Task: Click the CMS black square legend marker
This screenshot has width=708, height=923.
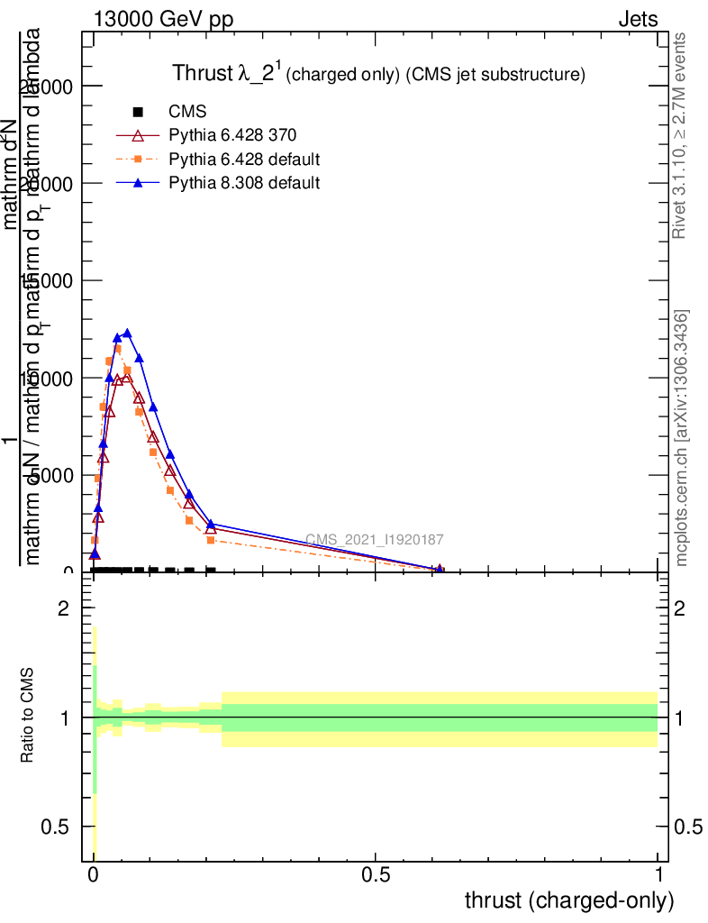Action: click(138, 112)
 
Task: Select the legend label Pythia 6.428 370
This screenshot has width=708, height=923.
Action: click(233, 135)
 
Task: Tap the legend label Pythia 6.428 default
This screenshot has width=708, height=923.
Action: click(245, 160)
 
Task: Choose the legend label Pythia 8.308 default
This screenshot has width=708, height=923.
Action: click(245, 183)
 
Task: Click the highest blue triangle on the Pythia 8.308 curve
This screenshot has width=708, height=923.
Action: click(127, 334)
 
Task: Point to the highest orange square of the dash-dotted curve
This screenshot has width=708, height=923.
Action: click(117, 349)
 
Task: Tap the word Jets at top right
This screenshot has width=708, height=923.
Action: click(638, 20)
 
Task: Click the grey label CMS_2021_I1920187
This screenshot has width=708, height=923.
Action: click(374, 540)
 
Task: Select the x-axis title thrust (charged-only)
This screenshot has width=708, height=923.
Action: click(568, 900)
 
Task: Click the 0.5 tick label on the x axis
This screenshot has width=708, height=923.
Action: click(376, 874)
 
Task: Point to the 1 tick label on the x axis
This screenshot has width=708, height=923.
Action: click(658, 874)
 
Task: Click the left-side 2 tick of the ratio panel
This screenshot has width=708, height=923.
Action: click(63, 609)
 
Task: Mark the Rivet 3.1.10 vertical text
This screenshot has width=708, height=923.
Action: click(680, 135)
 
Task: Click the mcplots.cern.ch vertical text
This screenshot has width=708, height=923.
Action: click(682, 439)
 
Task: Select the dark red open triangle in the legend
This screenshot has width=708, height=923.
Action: click(138, 136)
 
